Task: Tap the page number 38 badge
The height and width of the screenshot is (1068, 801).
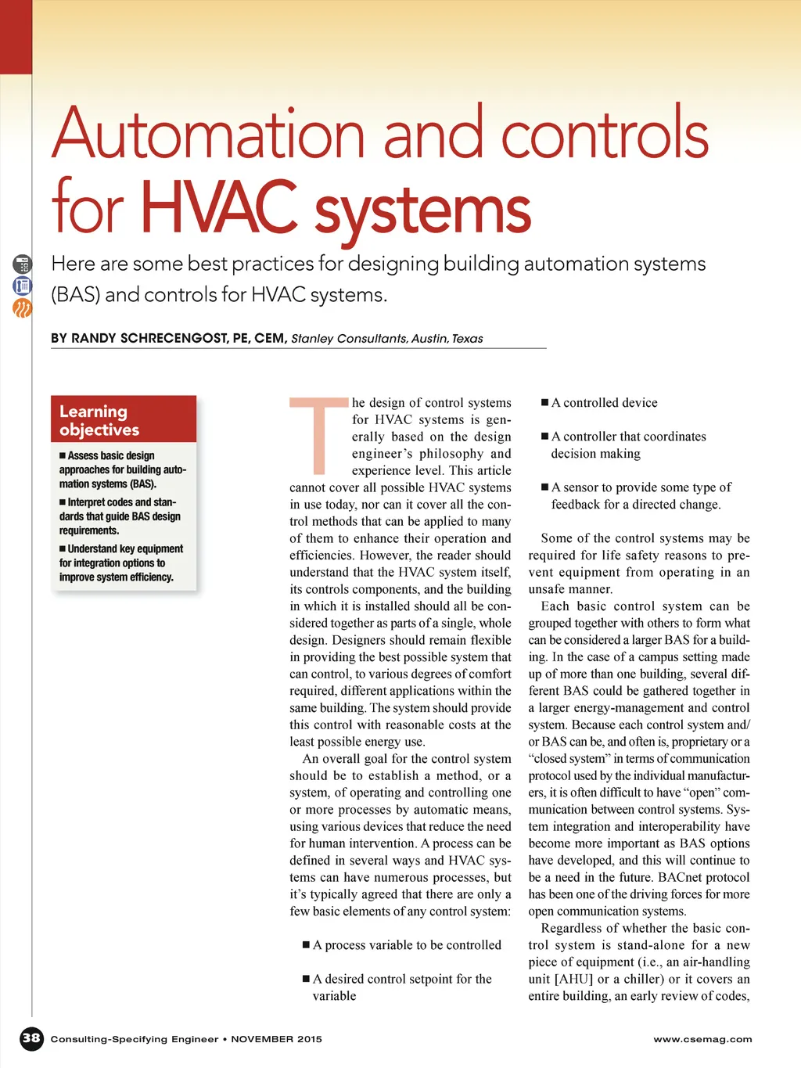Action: [x=31, y=1038]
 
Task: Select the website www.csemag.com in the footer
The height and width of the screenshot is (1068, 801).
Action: [x=702, y=1039]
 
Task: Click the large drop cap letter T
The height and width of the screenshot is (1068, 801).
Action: [x=318, y=436]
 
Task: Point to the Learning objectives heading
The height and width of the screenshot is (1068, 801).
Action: [x=99, y=420]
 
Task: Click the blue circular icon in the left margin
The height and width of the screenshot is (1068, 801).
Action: [x=22, y=286]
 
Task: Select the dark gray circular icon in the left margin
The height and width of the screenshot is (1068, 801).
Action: [x=22, y=264]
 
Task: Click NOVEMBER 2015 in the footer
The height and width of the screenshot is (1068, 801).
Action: [x=276, y=1039]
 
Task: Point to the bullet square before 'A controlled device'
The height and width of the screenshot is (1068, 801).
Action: [x=545, y=403]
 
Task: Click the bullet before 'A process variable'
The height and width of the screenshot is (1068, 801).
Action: [x=307, y=945]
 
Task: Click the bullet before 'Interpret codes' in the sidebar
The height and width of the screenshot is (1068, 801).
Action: [x=63, y=502]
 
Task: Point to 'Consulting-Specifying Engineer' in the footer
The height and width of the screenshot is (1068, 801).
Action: [x=135, y=1039]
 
